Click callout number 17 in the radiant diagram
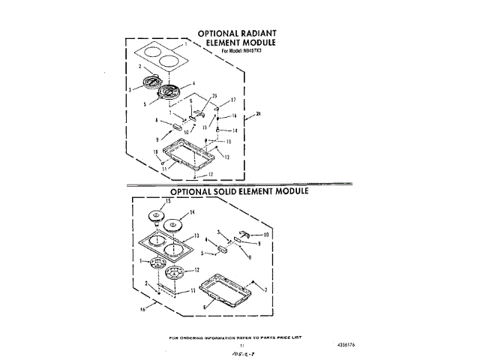[233, 100]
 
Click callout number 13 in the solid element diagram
[196, 235]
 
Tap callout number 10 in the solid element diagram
[265, 235]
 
